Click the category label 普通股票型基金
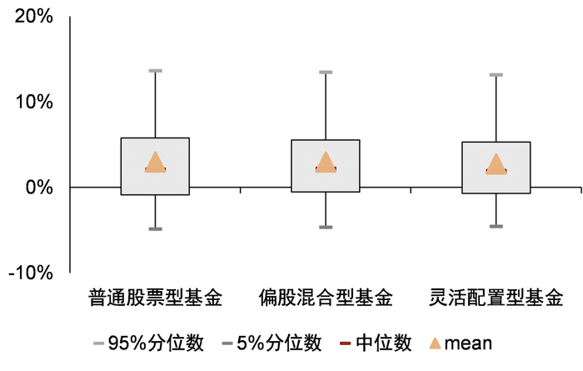point(156,298)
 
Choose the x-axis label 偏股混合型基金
point(326,298)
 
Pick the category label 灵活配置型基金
point(496,298)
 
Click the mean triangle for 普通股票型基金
point(156,163)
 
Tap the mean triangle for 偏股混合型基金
point(326,163)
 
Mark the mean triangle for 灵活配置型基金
point(496,165)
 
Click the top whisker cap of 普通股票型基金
point(156,71)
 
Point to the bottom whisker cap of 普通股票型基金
point(156,228)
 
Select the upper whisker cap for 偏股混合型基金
point(326,73)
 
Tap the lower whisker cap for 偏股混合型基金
point(326,227)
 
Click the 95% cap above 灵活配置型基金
point(496,75)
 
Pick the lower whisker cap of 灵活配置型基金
point(496,226)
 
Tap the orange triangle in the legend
point(434,343)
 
